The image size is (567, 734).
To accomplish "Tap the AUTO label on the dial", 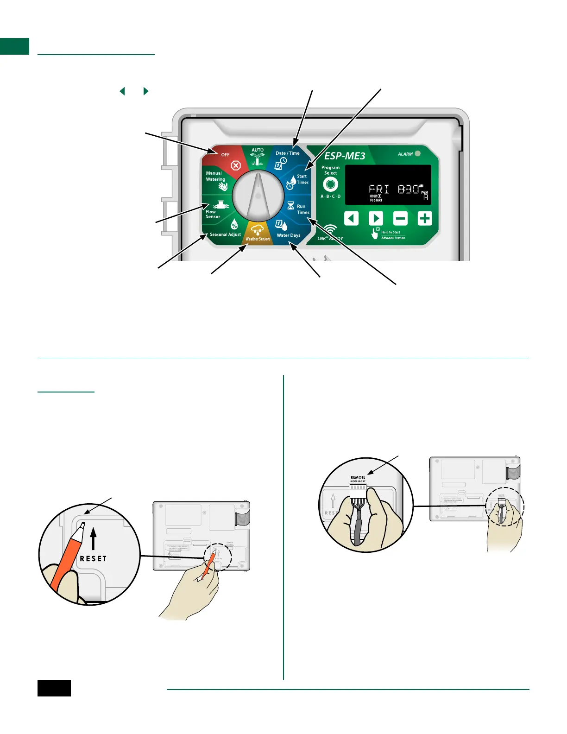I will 258,150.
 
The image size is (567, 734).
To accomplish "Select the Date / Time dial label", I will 288,153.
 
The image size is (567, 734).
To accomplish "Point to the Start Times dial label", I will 302,179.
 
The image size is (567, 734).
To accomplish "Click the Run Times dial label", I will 302,209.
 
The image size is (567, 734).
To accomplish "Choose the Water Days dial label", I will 288,235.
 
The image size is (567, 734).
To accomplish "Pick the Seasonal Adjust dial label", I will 225,234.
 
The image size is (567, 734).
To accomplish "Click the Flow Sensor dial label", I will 213,214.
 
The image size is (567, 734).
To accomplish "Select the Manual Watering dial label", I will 215,176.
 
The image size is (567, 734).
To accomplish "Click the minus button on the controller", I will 400,218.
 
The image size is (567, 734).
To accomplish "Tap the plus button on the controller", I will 424,218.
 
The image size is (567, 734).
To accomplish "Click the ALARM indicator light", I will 417,153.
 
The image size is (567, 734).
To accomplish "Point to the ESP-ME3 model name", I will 345,156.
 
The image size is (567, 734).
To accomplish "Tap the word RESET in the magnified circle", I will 93,559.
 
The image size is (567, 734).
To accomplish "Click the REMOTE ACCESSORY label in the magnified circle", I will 358,479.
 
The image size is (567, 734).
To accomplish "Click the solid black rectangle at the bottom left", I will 54,688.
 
